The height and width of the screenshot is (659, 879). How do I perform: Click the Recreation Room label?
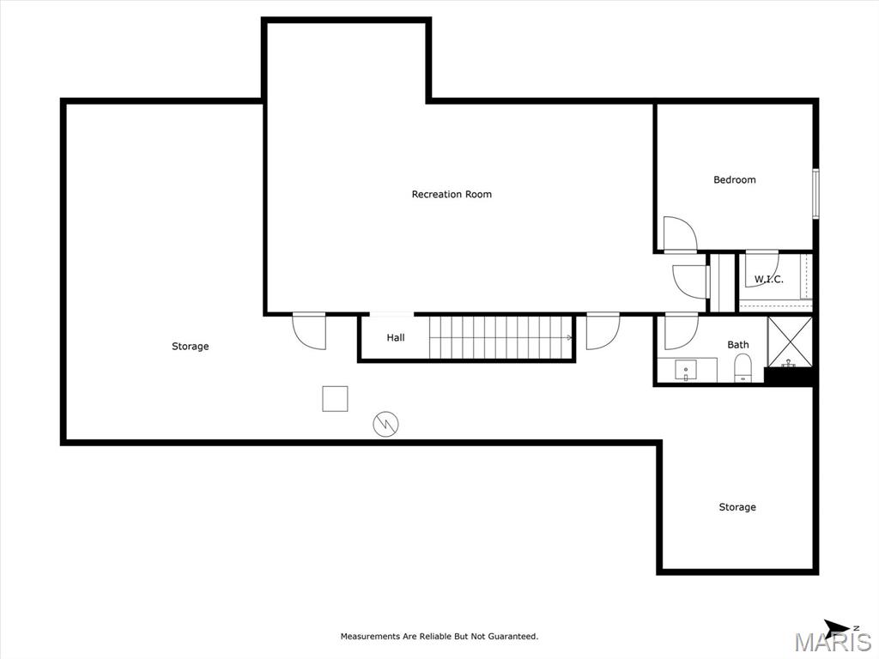point(452,195)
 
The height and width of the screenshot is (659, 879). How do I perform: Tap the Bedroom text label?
point(735,180)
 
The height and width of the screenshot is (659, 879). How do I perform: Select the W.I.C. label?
point(768,280)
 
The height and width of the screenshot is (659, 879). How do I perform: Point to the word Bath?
point(738,345)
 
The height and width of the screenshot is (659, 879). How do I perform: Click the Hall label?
point(396,338)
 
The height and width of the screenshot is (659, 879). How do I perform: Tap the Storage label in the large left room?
point(190,347)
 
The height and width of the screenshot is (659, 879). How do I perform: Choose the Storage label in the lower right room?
point(737,507)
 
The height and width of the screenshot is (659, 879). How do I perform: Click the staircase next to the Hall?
point(500,337)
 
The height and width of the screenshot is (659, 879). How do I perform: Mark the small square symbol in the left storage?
point(335,399)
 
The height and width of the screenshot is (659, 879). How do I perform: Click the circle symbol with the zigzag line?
point(386,423)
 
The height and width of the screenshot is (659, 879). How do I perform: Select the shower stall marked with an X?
point(789,341)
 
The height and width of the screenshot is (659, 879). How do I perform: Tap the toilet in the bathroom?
point(743,368)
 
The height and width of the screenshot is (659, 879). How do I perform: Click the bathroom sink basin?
point(686,371)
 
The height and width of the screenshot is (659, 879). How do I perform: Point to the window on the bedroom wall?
point(815,194)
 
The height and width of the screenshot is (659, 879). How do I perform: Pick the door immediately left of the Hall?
point(309,331)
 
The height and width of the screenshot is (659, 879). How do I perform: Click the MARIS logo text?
point(833,642)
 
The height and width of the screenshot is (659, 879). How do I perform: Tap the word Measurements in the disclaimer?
point(371,637)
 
